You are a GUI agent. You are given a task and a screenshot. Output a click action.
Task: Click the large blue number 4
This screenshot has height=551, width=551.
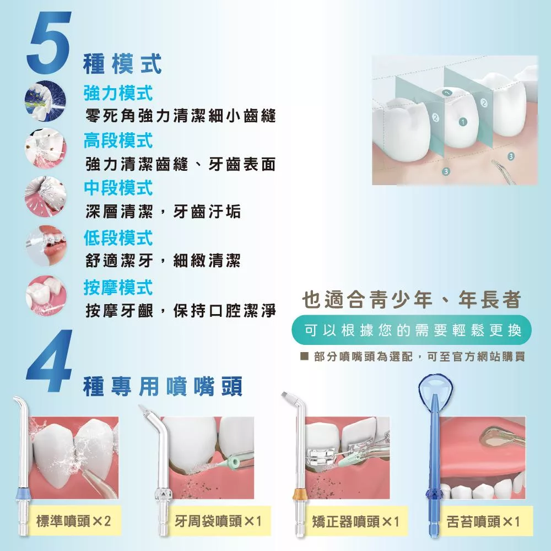(x=49, y=360)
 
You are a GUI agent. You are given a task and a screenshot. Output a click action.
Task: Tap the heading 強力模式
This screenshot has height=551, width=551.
(x=118, y=93)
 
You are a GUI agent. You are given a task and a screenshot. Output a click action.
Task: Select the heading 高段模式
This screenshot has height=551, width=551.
(x=118, y=141)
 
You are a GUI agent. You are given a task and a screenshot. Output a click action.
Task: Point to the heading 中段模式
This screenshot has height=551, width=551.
(x=118, y=188)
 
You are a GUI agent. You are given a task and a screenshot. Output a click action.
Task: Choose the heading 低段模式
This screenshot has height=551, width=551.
(x=118, y=238)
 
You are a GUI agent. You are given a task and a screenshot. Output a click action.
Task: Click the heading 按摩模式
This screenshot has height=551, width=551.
(x=118, y=288)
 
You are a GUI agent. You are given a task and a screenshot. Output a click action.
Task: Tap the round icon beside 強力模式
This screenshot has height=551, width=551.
(x=46, y=101)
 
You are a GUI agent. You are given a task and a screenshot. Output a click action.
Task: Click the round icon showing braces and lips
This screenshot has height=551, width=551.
(x=46, y=246)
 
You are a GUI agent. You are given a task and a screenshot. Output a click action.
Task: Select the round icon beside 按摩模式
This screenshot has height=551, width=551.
(x=46, y=295)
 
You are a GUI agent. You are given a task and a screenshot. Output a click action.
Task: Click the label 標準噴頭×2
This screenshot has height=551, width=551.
(x=73, y=521)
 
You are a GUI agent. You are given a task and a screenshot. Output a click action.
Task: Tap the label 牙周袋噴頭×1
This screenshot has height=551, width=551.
(x=218, y=521)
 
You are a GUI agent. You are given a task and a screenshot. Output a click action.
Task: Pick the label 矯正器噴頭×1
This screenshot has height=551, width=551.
(x=355, y=521)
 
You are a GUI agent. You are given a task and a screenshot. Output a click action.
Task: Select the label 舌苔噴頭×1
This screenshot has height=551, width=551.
(x=483, y=521)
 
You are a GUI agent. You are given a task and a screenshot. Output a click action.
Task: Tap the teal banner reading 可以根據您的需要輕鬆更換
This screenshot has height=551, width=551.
(x=412, y=330)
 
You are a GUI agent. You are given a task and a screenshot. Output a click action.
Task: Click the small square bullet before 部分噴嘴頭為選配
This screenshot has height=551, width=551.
(x=304, y=356)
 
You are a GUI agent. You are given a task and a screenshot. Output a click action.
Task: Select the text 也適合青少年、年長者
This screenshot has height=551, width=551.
(x=412, y=300)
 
